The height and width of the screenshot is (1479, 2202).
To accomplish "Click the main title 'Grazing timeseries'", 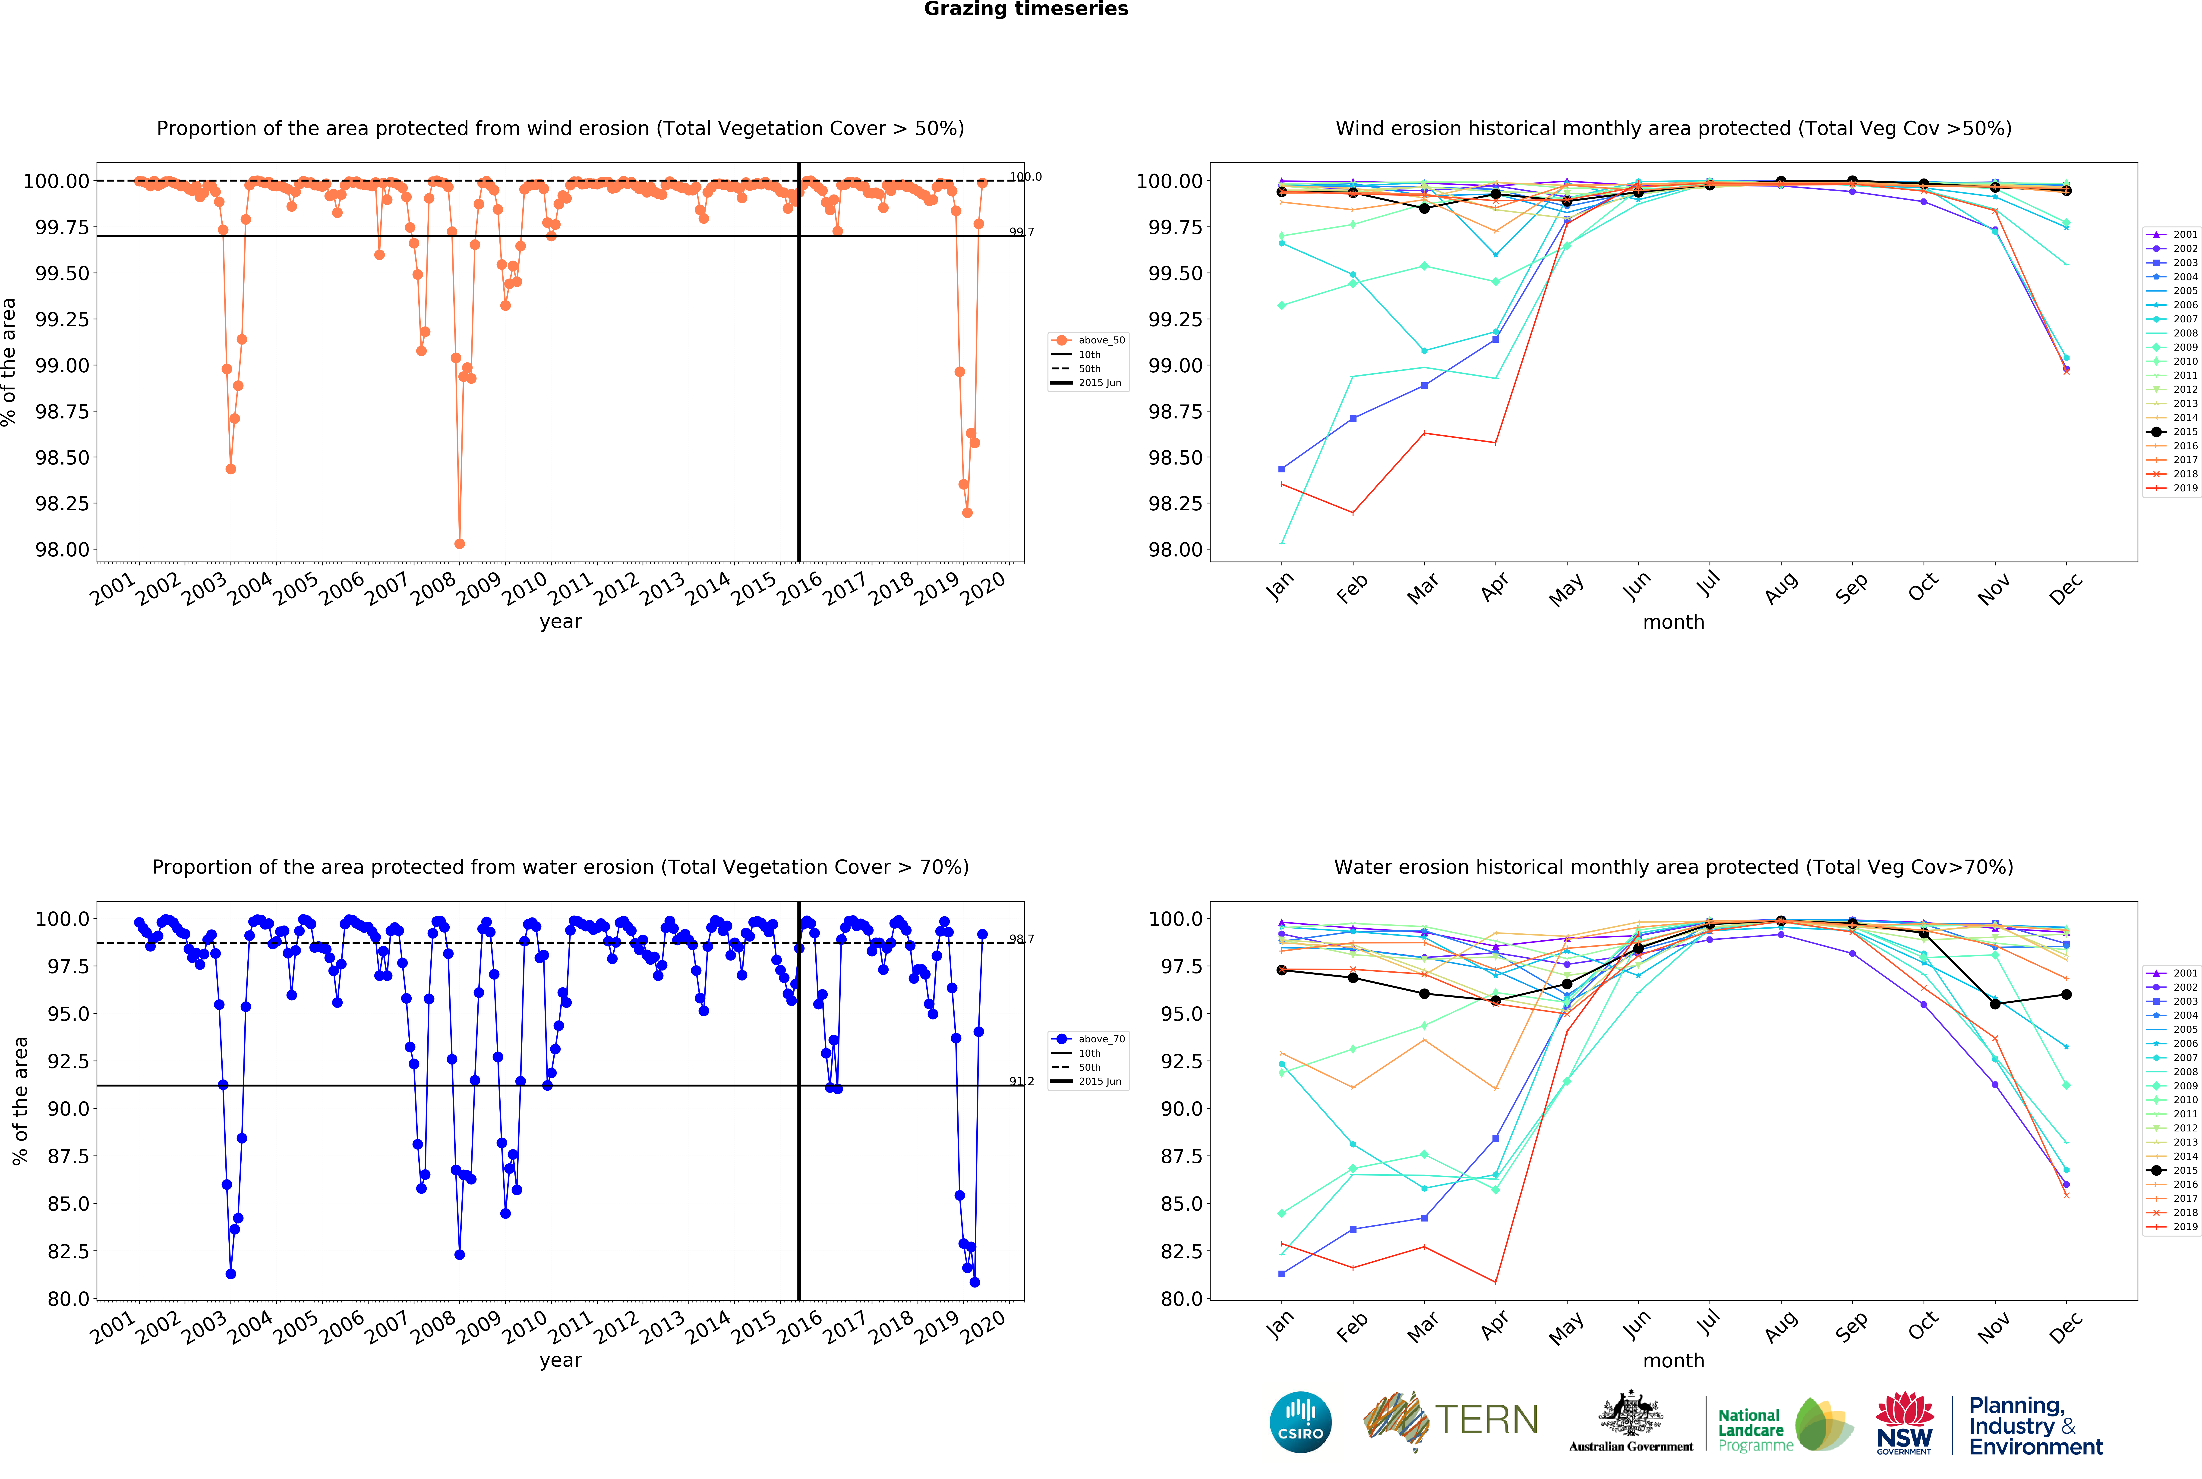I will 1025,9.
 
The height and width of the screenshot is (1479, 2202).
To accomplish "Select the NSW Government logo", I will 1904,1422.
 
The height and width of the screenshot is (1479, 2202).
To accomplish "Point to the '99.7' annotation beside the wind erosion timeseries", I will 1021,232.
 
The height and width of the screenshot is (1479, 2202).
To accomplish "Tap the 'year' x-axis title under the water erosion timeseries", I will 560,1360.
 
